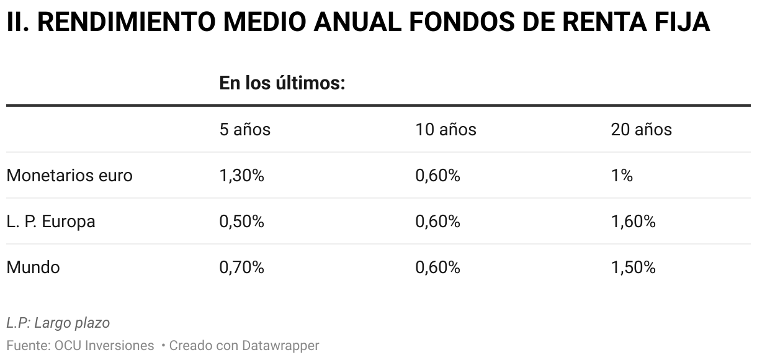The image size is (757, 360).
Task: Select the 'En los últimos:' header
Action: tap(282, 83)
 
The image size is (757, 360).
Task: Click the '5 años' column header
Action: tap(244, 129)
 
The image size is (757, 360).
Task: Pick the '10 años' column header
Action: tap(446, 129)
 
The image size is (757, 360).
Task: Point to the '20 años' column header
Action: tap(641, 129)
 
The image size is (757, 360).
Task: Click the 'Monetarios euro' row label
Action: tap(69, 176)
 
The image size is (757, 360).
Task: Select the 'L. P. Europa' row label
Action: tap(51, 222)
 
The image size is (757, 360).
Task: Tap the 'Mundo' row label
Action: tap(34, 268)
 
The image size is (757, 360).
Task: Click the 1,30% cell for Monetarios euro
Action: tap(241, 176)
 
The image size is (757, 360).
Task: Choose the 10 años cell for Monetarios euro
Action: tap(437, 176)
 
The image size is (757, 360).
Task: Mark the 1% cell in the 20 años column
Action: tap(622, 176)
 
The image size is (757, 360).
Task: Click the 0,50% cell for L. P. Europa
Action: tap(241, 222)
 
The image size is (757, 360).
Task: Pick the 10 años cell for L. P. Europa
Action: tap(437, 222)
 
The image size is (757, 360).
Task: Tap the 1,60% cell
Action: tap(633, 222)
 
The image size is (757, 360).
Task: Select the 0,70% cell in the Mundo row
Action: tap(241, 268)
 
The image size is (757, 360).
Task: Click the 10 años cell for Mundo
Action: tap(437, 268)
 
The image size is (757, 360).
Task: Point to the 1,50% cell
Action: tap(633, 268)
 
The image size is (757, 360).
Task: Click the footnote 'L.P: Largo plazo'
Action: tap(58, 323)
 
